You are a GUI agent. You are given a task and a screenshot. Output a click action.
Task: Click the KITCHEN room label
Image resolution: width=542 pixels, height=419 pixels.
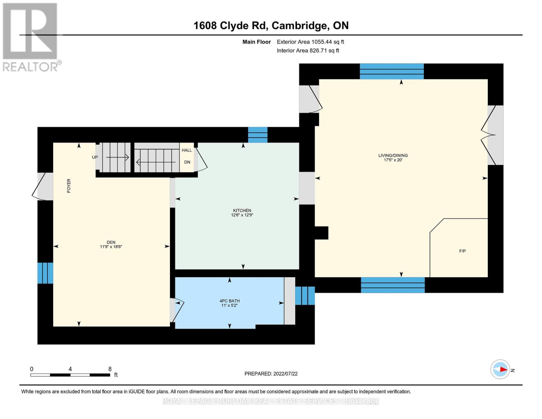tap(242, 211)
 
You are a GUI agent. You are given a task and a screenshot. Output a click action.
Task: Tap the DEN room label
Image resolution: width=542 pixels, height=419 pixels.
tap(111, 242)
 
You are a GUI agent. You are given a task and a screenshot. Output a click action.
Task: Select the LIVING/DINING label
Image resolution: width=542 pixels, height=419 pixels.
tap(393, 155)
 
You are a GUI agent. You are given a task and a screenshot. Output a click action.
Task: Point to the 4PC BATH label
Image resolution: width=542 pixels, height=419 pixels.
tap(229, 301)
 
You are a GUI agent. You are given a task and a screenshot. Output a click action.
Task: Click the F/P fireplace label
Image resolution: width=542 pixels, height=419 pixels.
tap(462, 251)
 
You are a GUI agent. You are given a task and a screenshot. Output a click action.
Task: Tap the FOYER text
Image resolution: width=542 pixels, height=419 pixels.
tap(69, 186)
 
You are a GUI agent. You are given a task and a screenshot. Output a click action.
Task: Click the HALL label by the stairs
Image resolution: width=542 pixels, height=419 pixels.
tap(187, 150)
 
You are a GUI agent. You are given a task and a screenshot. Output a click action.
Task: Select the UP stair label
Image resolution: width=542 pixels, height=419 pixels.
tap(95, 157)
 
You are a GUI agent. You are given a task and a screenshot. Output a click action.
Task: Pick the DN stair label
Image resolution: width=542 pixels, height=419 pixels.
tap(187, 162)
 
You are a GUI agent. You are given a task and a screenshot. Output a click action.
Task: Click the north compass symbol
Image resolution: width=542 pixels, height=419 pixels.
tap(500, 369)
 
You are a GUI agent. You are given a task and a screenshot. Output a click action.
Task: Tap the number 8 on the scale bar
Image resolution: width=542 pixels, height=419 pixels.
tap(110, 369)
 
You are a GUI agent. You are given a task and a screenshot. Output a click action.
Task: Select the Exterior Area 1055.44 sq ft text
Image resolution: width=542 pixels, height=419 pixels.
tap(310, 42)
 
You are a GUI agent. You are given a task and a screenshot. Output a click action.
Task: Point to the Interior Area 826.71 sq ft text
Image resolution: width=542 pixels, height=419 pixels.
tap(308, 51)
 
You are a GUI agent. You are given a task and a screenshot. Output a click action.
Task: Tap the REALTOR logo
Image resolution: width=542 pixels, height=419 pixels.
tap(31, 37)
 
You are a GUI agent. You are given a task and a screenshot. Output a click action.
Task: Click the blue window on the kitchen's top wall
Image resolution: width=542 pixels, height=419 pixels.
tap(258, 135)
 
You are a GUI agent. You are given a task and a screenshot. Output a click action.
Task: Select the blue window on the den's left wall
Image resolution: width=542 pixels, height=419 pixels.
tap(45, 273)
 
